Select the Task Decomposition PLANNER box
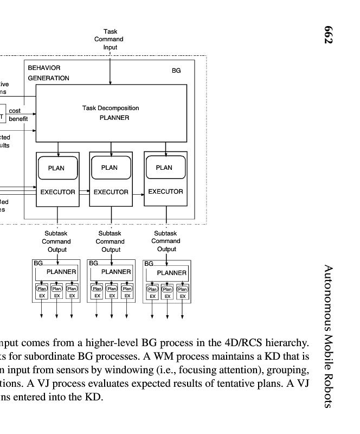tap(111, 113)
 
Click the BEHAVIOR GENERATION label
tap(48, 73)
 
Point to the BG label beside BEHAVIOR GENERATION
tap(176, 71)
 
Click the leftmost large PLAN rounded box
tap(56, 168)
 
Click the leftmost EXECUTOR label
tap(57, 192)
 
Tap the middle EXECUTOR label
tap(111, 192)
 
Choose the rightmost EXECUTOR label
tap(165, 192)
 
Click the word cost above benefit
tap(15, 111)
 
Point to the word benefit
tap(18, 118)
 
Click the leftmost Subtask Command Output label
tap(56, 241)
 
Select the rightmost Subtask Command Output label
tap(166, 241)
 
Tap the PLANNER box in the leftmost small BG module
tap(61, 272)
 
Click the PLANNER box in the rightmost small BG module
tap(171, 273)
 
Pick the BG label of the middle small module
tap(93, 263)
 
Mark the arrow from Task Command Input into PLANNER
tap(111, 68)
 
